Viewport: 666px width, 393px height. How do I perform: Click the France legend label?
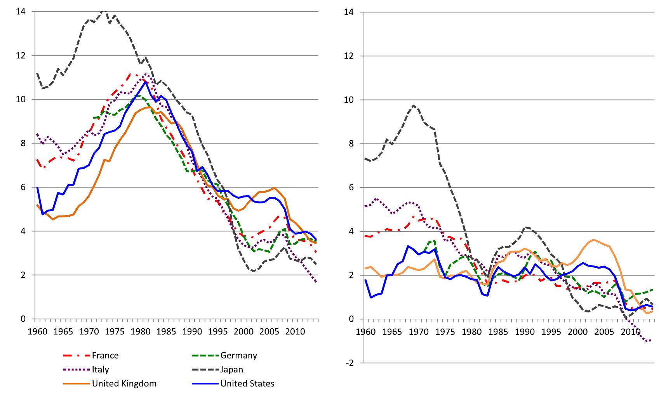[105, 355]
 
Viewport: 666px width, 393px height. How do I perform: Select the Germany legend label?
[238, 355]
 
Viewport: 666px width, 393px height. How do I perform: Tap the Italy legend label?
[100, 369]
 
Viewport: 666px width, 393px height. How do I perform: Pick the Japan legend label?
[231, 369]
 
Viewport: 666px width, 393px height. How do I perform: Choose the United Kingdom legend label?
[124, 384]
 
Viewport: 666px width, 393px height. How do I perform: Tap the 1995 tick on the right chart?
[551, 332]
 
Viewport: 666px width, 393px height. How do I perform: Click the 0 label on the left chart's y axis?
[23, 319]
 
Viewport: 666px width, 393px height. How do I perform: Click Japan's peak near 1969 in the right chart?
[414, 105]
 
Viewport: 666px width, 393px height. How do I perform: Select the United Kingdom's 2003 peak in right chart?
[594, 240]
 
